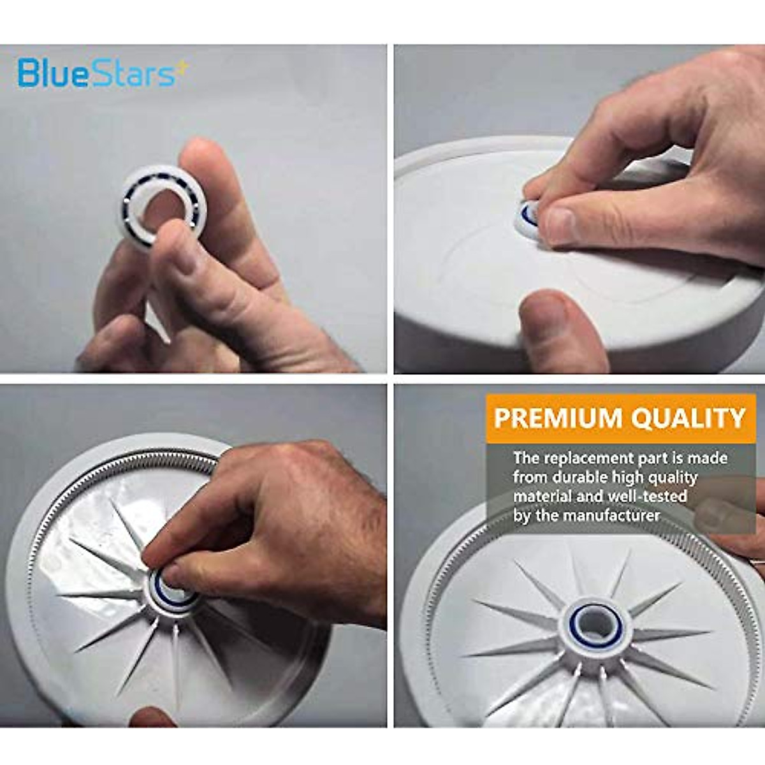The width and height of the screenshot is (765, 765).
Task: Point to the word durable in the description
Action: (x=576, y=477)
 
